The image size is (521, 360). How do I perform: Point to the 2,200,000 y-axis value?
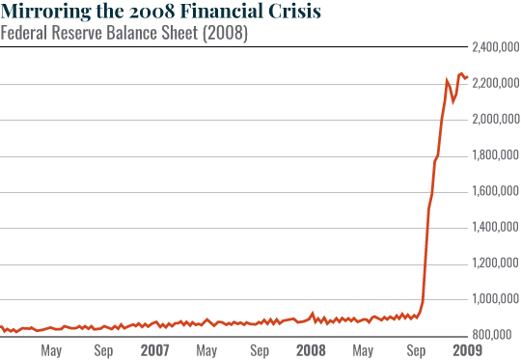[494, 84]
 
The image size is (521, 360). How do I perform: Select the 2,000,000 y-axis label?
[494, 120]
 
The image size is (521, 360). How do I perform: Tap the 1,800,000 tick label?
[494, 155]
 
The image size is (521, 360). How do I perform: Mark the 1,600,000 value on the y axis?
[494, 191]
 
